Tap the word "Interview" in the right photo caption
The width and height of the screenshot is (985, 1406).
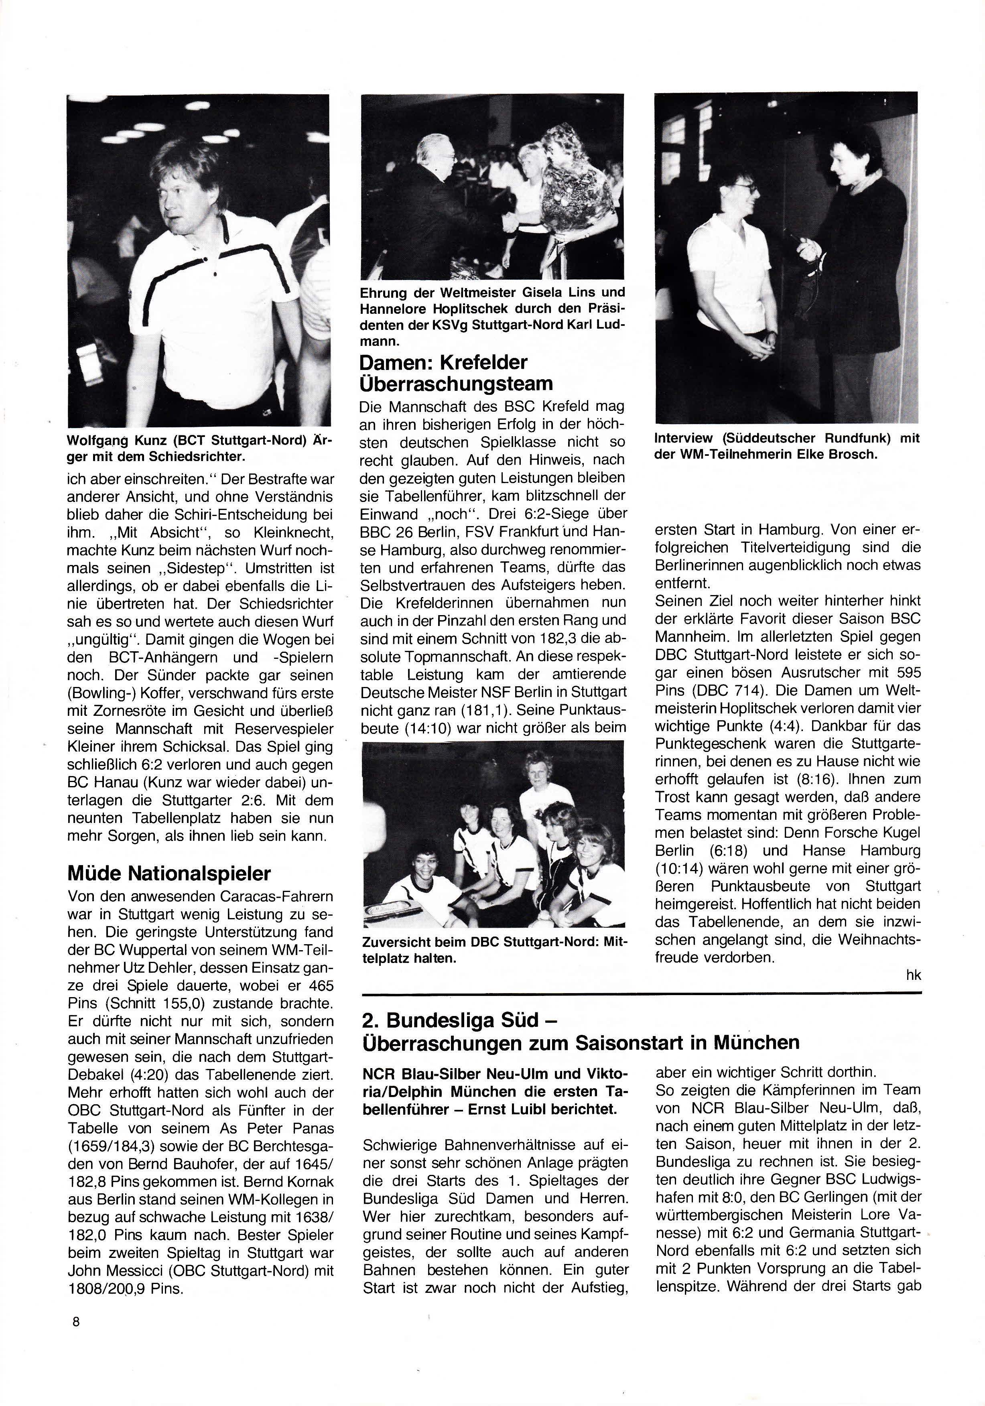683,439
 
